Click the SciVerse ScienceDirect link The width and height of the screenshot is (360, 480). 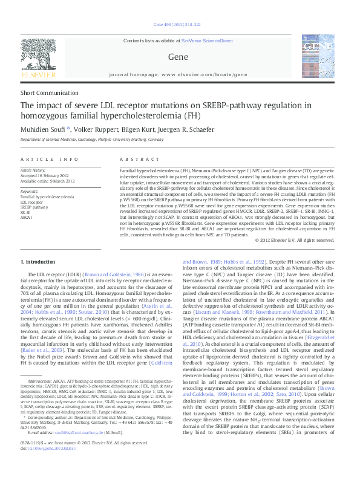212,40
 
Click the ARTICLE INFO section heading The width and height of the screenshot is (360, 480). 50,159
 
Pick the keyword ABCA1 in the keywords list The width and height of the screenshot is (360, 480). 27,216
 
